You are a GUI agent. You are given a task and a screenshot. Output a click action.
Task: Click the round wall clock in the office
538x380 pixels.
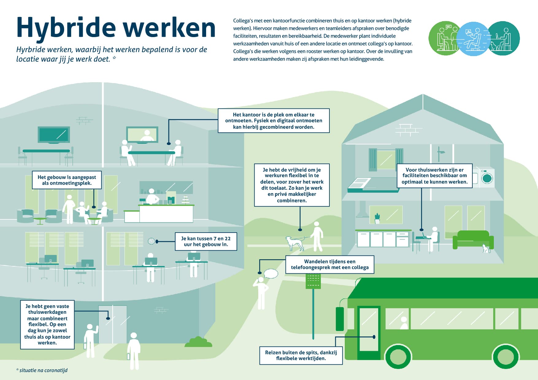[x=151, y=241]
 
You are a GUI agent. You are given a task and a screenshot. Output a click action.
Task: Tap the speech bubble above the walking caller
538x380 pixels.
[x=271, y=274]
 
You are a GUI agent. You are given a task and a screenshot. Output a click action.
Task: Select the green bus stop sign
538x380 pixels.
[x=313, y=281]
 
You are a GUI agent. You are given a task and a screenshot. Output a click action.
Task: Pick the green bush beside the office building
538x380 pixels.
[x=198, y=342]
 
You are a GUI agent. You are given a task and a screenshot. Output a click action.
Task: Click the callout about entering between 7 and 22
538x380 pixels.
[x=206, y=241]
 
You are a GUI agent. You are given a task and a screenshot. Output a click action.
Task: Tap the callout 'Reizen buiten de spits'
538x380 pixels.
[x=301, y=355]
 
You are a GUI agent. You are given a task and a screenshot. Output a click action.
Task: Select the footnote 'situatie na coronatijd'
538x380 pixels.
[x=42, y=370]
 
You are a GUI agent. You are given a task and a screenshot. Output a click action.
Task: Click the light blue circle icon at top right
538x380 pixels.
[x=473, y=39]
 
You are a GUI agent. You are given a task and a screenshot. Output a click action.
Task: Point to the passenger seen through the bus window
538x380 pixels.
[x=404, y=323]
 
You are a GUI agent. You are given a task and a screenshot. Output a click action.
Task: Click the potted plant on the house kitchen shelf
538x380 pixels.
[x=377, y=218]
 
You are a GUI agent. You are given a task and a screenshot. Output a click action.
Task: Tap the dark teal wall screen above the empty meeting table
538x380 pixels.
[x=54, y=135]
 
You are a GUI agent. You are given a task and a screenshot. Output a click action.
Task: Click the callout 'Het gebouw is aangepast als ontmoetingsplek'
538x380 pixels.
[x=67, y=180]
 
